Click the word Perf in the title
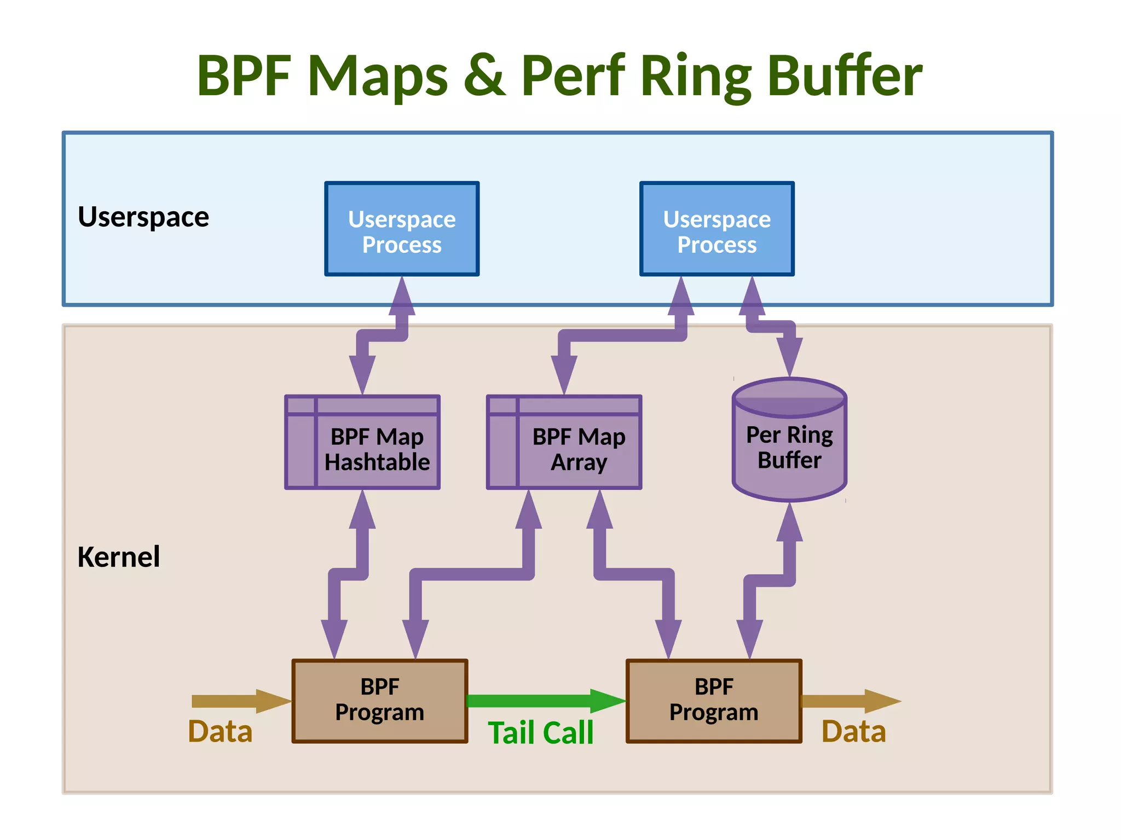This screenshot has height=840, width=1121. tap(573, 77)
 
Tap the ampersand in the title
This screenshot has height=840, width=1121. tap(484, 77)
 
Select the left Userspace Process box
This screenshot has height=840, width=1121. tap(402, 229)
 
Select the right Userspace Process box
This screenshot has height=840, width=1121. tap(716, 229)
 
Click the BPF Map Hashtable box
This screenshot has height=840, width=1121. tap(362, 442)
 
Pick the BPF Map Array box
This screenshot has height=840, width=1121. tap(564, 442)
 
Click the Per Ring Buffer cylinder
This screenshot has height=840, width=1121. tap(789, 441)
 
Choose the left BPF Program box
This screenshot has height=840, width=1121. tap(380, 700)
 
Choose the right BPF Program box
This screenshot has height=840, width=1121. tap(714, 700)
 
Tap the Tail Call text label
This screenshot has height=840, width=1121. tap(540, 733)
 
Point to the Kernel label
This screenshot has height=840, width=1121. tap(119, 557)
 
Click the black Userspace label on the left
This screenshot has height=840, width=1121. tap(143, 217)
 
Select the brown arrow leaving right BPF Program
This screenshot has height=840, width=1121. tap(848, 701)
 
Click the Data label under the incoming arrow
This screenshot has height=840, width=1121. tap(220, 732)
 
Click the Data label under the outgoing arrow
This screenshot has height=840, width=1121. tap(853, 732)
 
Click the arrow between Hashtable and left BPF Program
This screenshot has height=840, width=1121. tap(348, 575)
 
